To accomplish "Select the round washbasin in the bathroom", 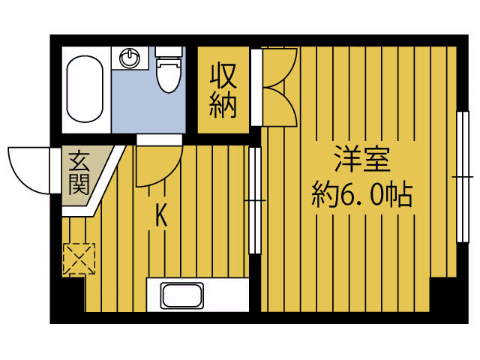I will [130, 58].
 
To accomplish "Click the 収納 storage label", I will [223, 91].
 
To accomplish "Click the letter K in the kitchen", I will [160, 216].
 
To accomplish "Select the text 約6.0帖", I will [362, 196].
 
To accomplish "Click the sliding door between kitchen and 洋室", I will [255, 200].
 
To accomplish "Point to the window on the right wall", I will [459, 177].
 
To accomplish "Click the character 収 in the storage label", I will [223, 76].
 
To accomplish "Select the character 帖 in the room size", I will [400, 196].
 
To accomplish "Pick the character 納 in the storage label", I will [223, 106].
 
